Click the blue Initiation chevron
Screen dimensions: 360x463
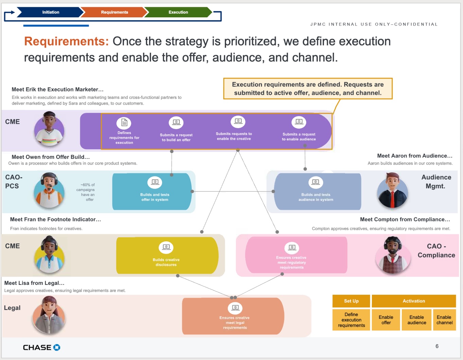pos(50,12)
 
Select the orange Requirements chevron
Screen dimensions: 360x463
pos(114,12)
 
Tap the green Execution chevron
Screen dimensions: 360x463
pos(178,12)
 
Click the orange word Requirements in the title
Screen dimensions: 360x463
pos(66,41)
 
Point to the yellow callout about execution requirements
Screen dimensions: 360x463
pos(308,89)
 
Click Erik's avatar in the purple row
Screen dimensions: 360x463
pos(49,130)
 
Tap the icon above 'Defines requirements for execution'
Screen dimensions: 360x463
pos(124,123)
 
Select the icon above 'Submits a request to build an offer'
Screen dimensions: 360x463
pos(176,122)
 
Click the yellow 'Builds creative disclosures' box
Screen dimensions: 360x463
pos(167,256)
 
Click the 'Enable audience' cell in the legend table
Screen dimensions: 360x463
pos(416,320)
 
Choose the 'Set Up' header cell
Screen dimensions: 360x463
pos(351,301)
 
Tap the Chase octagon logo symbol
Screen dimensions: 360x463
pos(57,347)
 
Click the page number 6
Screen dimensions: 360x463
pos(437,346)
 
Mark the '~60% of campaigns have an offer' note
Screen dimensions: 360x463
pos(88,192)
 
